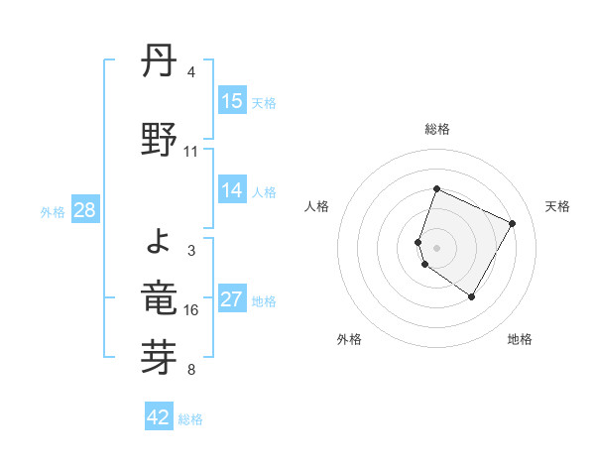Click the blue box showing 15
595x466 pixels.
(x=232, y=101)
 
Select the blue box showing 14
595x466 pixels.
(x=232, y=191)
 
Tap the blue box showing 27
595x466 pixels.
(x=232, y=300)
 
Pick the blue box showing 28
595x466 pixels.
(x=85, y=210)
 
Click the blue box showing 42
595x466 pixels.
(x=159, y=417)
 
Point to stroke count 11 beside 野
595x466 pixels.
(x=191, y=152)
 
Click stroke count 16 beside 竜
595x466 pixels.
(x=191, y=310)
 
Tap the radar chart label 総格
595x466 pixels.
(x=437, y=129)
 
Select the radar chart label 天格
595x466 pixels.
(x=558, y=206)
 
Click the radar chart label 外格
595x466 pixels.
(x=349, y=339)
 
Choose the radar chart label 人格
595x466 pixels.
(x=317, y=206)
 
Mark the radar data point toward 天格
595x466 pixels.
(x=513, y=223)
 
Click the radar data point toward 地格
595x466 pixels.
(x=472, y=296)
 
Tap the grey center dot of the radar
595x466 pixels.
(x=437, y=247)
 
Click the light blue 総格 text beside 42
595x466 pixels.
(x=190, y=419)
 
